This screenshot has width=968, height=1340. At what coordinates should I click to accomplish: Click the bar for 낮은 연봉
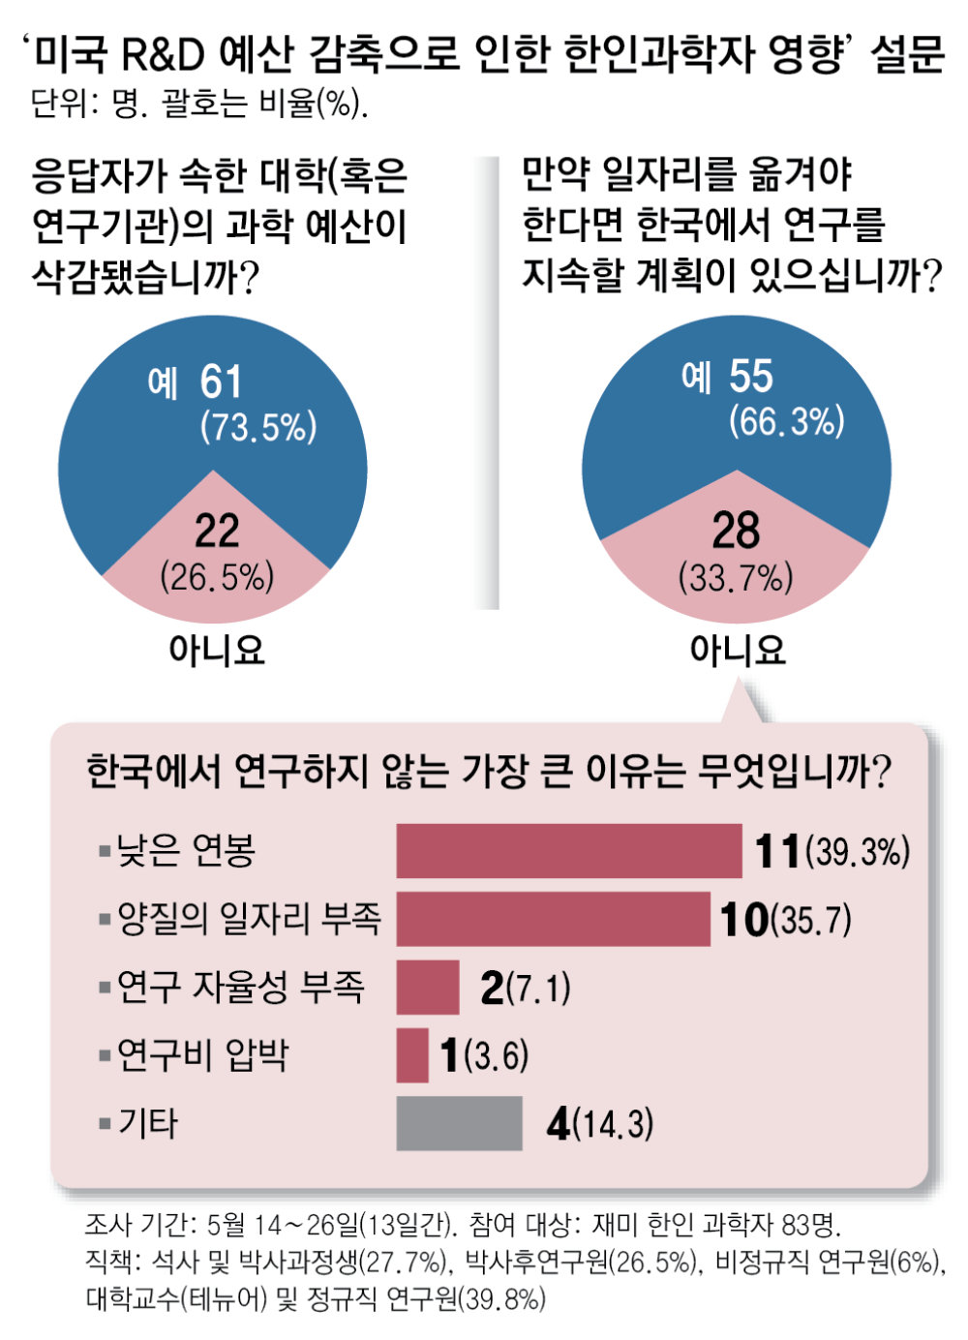(568, 851)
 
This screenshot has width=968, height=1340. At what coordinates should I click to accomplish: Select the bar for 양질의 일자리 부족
(553, 919)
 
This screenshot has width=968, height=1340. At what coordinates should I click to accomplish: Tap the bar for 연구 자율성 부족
(428, 987)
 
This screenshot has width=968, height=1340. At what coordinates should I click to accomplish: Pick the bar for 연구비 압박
(412, 1054)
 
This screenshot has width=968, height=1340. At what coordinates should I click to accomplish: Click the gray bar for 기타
(459, 1123)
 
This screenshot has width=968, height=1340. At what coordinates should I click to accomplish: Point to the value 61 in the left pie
(222, 382)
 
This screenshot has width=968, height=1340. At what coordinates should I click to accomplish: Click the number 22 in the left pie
(217, 531)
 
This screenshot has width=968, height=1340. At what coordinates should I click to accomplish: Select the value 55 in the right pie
(751, 377)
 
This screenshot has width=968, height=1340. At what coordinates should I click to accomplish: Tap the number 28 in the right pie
(736, 531)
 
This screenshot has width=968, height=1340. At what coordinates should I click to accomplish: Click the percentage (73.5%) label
(258, 427)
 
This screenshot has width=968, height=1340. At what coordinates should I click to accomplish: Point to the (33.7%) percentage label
(736, 578)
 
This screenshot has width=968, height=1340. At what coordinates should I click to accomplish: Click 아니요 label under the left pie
(217, 650)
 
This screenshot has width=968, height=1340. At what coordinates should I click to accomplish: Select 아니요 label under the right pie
(738, 650)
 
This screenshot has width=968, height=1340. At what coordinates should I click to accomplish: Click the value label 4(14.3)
(600, 1124)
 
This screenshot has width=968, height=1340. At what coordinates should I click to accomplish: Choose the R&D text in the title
(164, 53)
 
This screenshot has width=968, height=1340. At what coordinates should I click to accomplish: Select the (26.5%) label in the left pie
(217, 577)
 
